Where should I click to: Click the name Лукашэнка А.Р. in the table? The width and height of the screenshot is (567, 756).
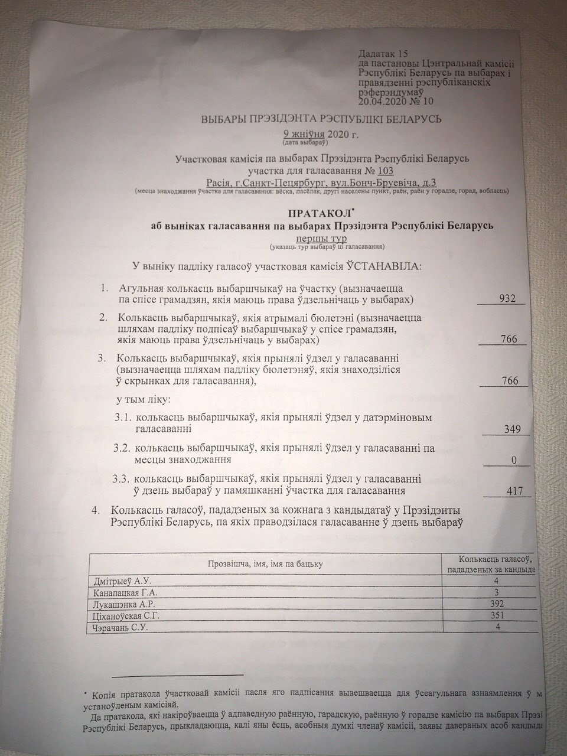(x=124, y=605)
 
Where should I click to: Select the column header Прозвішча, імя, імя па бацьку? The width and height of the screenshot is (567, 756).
(x=265, y=564)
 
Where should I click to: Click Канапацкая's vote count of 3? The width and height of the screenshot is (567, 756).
(x=495, y=592)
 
